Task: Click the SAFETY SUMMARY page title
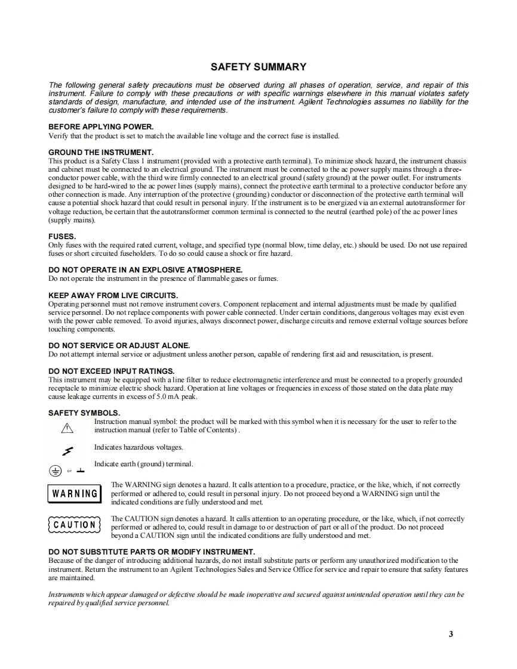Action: click(258, 67)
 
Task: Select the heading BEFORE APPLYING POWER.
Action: click(101, 127)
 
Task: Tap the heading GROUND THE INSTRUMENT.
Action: click(101, 153)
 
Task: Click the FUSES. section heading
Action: click(62, 237)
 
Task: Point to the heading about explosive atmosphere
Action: click(145, 270)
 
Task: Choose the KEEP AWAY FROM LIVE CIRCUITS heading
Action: click(113, 295)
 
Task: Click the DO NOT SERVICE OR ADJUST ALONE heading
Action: click(119, 345)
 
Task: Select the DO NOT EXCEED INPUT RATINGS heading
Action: click(111, 371)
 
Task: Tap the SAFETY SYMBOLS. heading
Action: click(84, 413)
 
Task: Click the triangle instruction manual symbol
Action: click(67, 428)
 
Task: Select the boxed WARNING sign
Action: click(75, 494)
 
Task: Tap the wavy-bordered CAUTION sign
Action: click(75, 525)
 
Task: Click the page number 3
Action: click(451, 634)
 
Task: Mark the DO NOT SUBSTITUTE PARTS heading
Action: click(152, 552)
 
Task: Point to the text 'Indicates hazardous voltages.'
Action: click(139, 447)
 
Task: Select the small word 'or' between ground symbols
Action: click(69, 471)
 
